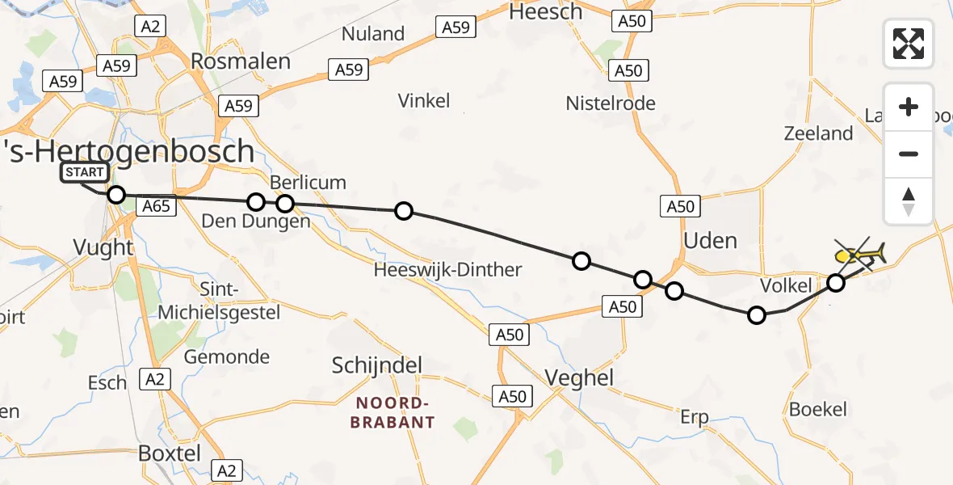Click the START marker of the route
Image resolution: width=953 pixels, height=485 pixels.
coord(84,172)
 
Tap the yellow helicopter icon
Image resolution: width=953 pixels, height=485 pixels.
coord(861,255)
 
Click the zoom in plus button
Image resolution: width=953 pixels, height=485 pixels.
coord(909,107)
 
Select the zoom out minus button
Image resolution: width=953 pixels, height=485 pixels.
coord(909,154)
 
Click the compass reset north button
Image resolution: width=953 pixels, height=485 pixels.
coord(909,200)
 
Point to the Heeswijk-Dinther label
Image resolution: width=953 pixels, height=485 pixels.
coord(447,270)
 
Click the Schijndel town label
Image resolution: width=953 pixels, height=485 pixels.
coord(377,365)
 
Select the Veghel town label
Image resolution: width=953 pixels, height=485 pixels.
coord(579,377)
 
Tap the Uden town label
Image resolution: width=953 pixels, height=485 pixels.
coord(710,240)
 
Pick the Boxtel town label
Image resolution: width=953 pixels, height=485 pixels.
coord(170,453)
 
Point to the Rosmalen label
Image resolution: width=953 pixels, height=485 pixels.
coord(229,61)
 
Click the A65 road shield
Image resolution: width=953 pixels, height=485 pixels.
coord(156,207)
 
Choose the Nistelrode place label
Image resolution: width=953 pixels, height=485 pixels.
coord(610,103)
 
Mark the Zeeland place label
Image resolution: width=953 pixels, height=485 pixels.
coord(818,133)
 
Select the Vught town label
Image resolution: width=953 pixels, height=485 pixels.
coord(103,247)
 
